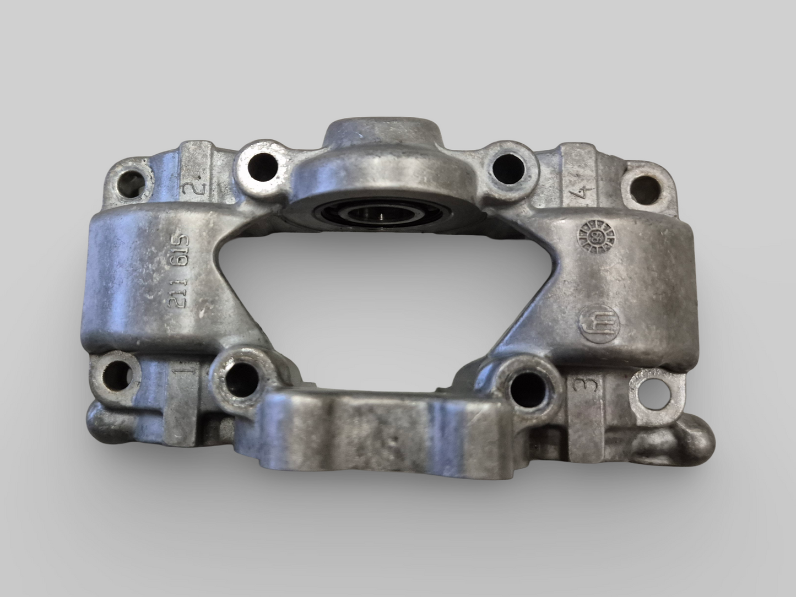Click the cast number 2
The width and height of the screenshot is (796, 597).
[196, 188]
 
